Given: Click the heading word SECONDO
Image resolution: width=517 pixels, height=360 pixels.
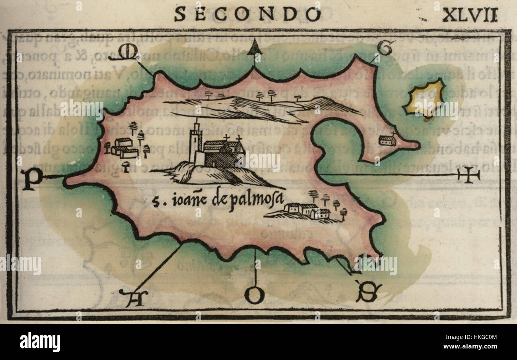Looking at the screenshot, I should point(247,15).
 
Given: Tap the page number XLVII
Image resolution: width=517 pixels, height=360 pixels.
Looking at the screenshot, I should point(470,15).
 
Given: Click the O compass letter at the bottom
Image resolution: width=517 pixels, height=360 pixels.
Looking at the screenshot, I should point(254,295).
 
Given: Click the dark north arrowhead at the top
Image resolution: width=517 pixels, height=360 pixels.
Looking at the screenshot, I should point(255,48).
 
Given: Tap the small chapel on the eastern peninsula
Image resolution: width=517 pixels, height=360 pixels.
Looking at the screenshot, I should point(387,140).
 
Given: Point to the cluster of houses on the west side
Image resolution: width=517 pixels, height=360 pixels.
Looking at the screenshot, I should point(124,148).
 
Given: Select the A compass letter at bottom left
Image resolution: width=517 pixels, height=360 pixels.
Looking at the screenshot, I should point(133,298).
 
